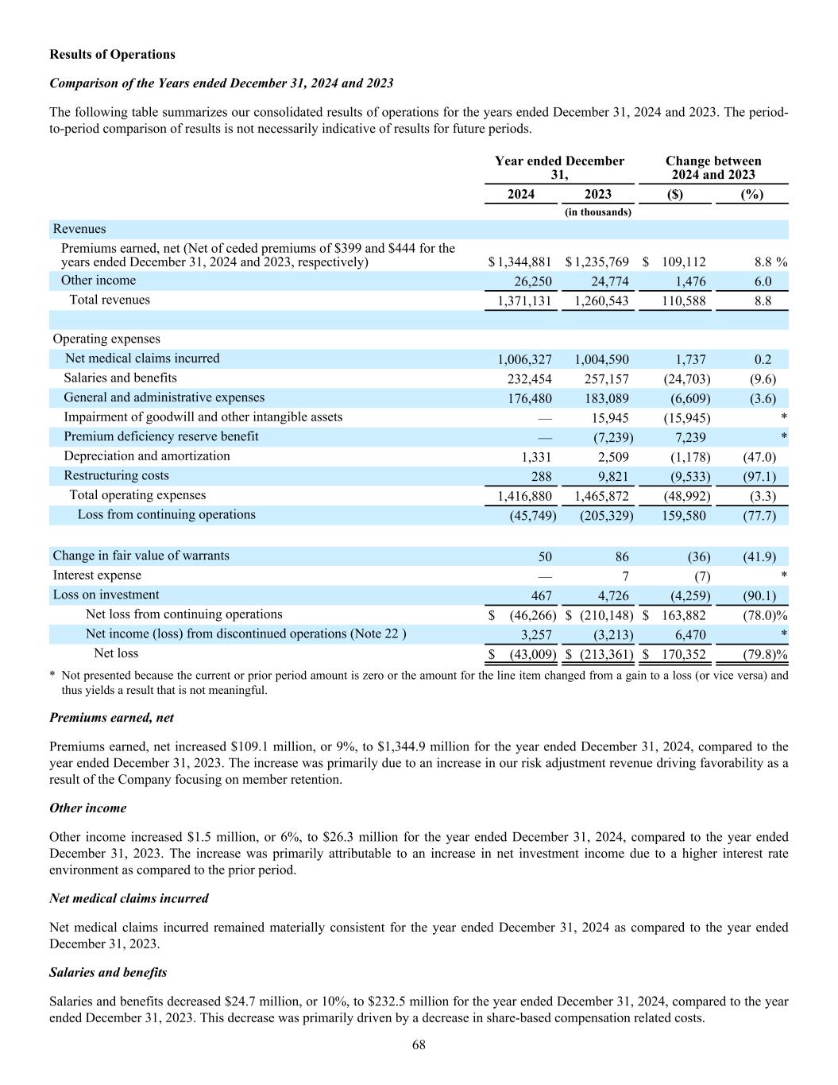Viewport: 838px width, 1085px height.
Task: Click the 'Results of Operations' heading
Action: (112, 55)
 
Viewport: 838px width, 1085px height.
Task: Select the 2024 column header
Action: (521, 195)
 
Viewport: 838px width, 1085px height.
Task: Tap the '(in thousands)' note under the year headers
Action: (598, 212)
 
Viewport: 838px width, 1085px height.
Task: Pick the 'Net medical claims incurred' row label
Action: (142, 358)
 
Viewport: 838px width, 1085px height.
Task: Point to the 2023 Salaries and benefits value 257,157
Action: (601, 379)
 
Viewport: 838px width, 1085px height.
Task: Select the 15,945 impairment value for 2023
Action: (611, 418)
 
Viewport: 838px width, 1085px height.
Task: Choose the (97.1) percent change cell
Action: (758, 477)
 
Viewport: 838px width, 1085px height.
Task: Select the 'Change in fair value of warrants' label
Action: (141, 556)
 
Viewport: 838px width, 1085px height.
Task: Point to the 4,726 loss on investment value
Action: (612, 595)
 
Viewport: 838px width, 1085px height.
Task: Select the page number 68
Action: (419, 1045)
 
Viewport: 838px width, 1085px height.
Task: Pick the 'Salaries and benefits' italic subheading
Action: (108, 972)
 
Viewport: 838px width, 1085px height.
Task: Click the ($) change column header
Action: (675, 195)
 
